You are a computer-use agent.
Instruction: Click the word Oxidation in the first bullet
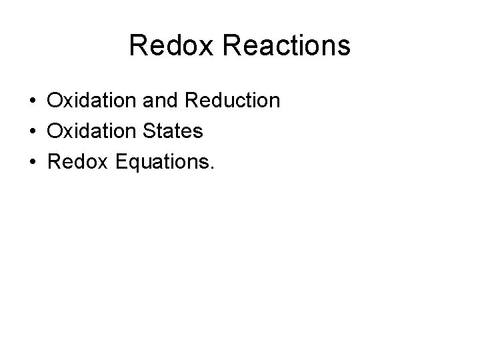(x=88, y=101)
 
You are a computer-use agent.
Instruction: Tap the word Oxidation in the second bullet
(x=88, y=132)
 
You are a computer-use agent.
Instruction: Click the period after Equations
(x=213, y=168)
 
